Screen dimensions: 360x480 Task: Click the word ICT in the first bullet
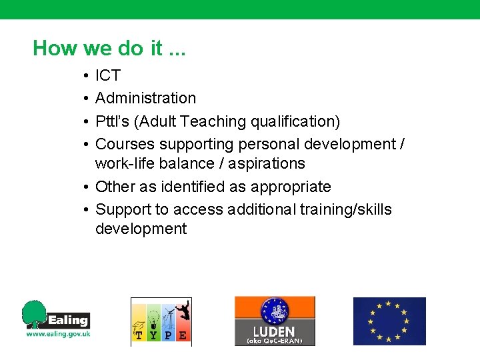tap(107, 75)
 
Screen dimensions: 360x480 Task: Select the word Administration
tap(145, 98)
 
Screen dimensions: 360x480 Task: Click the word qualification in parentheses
tap(295, 121)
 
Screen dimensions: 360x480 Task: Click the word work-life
tap(125, 163)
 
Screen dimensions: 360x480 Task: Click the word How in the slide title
tap(56, 48)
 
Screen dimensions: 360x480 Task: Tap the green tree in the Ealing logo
tap(35, 314)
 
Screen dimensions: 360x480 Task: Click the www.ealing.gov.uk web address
tap(58, 334)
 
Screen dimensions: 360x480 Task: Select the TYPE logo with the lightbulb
tap(161, 321)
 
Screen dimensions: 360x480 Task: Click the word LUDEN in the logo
tap(274, 331)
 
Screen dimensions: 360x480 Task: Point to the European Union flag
tap(389, 321)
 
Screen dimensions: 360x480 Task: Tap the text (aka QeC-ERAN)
tap(274, 341)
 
